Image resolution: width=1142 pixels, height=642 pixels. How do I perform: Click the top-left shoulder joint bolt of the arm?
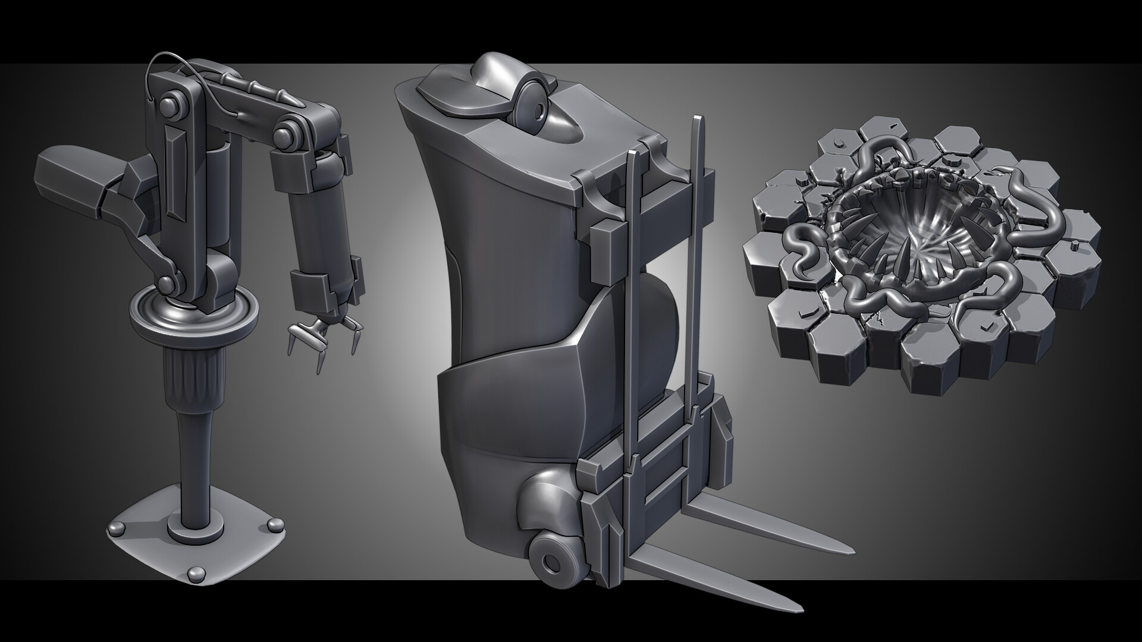click(172, 101)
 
